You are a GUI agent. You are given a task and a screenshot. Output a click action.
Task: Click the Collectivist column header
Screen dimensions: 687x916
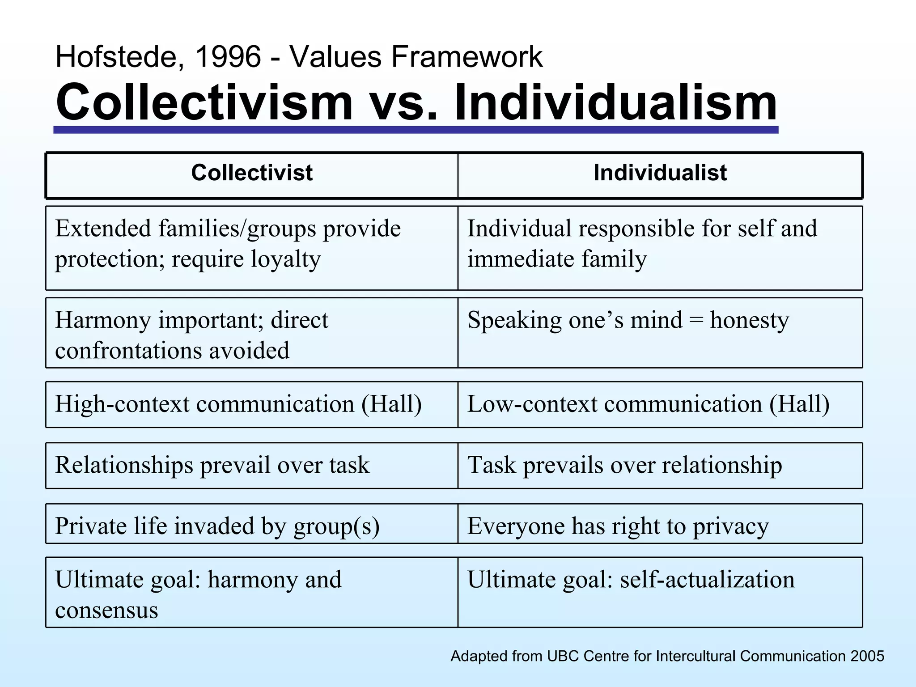(x=252, y=173)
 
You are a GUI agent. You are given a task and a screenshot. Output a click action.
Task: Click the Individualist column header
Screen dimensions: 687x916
(x=660, y=173)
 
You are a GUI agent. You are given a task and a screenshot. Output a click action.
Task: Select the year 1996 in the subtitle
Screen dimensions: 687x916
(x=228, y=57)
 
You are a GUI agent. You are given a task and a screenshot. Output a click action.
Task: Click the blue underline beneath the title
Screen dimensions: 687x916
(x=416, y=130)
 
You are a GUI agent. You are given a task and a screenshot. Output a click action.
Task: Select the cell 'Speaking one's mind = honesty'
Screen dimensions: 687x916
(x=628, y=320)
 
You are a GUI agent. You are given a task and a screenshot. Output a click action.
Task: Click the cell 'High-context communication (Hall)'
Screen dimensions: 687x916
(x=238, y=404)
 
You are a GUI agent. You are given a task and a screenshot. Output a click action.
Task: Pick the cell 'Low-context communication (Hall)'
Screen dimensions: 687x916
(x=648, y=404)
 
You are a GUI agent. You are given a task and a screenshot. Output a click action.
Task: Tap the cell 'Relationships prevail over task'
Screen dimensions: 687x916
(x=212, y=465)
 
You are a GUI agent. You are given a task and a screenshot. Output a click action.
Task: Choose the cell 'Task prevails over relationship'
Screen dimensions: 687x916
(x=624, y=465)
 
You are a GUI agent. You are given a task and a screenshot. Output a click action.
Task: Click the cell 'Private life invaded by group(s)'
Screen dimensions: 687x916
(x=217, y=526)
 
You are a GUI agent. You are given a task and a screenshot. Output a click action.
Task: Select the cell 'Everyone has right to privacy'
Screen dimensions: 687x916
(x=618, y=526)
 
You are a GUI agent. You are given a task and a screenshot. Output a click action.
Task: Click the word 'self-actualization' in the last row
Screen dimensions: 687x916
(x=707, y=580)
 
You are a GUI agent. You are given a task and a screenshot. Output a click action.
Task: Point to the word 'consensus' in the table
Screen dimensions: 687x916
(x=106, y=610)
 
